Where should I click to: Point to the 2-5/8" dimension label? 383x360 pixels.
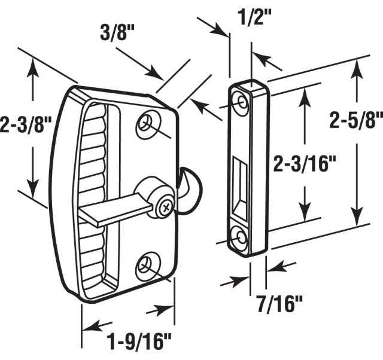[356, 121]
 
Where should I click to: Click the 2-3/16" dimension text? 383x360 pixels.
[302, 164]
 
